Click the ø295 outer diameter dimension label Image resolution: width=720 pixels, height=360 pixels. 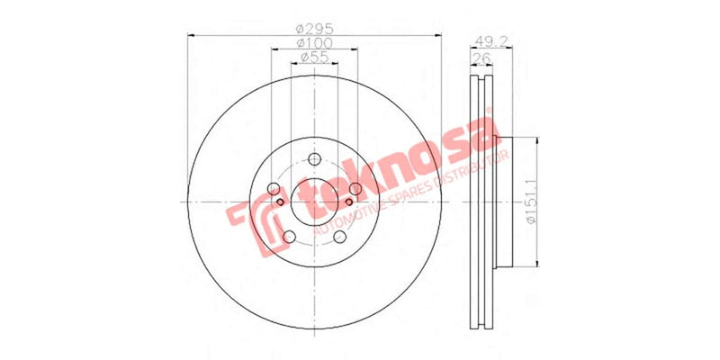314,28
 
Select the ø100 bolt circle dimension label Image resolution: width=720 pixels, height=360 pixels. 314,42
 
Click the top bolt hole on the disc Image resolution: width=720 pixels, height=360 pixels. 314,160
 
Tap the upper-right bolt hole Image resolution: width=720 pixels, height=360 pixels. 355,189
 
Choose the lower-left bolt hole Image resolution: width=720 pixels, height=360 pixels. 289,237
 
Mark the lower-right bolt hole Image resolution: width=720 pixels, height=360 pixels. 339,237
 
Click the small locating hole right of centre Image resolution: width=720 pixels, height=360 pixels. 346,202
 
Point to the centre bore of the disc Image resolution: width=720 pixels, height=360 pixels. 314,202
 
